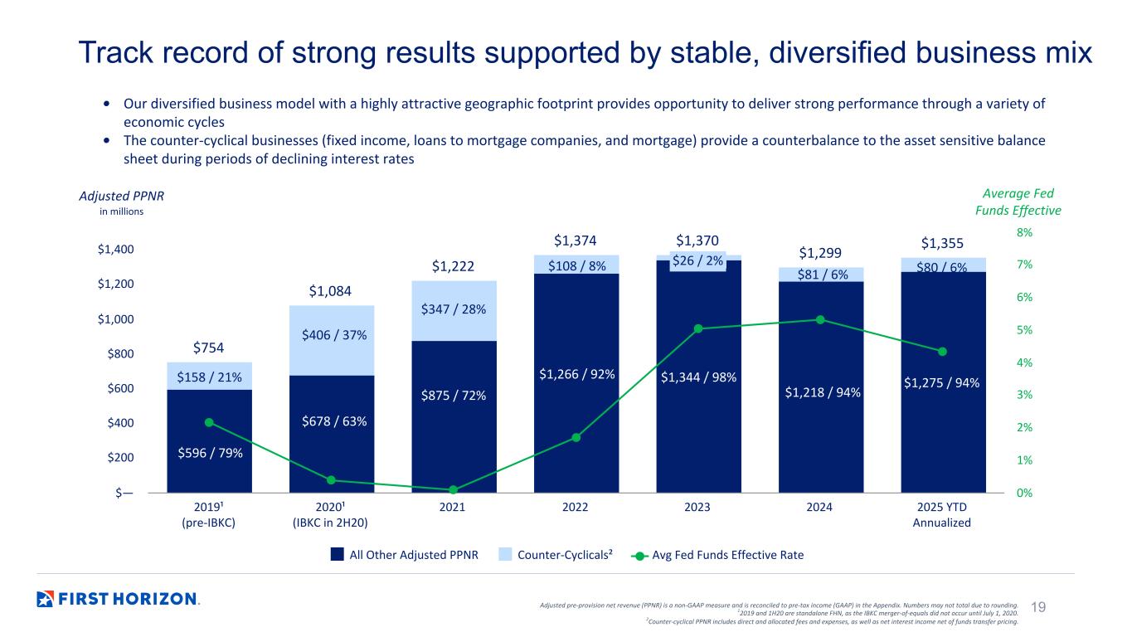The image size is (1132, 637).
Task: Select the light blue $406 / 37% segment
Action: (331, 334)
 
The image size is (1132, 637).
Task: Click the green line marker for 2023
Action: (698, 328)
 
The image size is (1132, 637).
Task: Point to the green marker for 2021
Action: (454, 489)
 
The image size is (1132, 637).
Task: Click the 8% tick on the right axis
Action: (1026, 233)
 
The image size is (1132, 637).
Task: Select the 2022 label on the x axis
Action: (576, 507)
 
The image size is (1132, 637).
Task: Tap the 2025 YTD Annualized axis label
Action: (941, 514)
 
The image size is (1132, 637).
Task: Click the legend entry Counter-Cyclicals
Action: (564, 555)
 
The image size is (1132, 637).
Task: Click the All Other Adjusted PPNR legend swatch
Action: (338, 555)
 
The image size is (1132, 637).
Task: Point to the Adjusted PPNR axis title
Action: (111, 196)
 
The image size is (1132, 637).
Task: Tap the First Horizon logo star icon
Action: (46, 598)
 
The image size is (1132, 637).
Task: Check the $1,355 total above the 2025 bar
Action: (942, 243)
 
